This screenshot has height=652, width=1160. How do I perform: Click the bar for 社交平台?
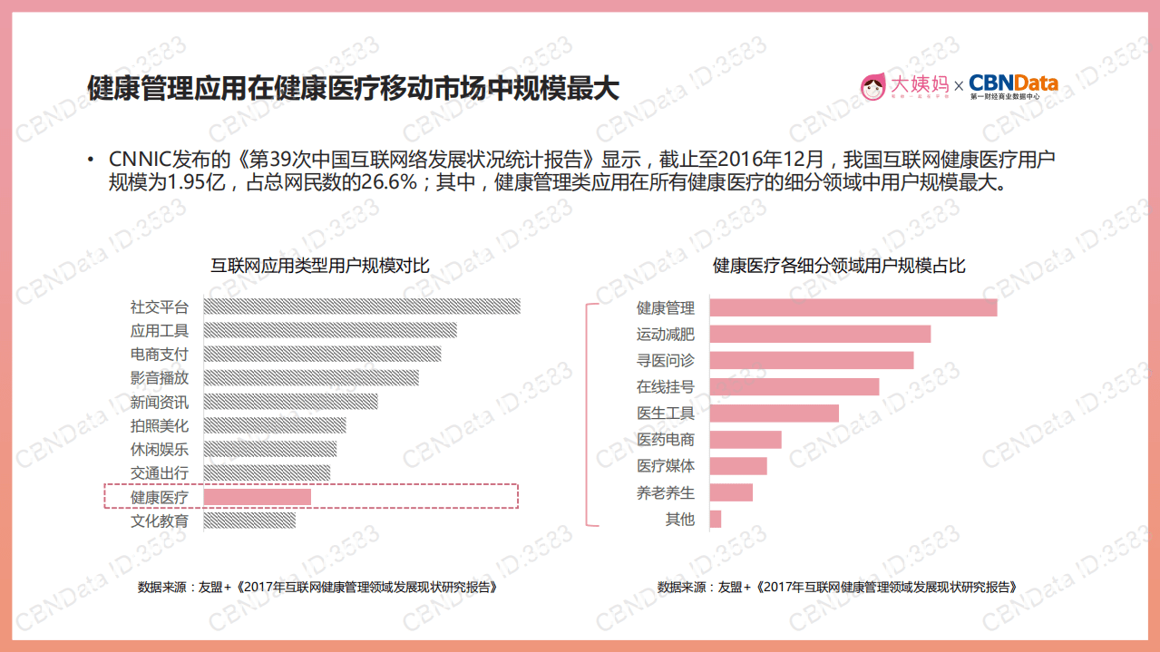tap(362, 307)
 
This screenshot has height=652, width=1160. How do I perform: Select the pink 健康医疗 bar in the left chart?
tap(258, 497)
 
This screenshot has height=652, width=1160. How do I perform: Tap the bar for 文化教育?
tap(249, 521)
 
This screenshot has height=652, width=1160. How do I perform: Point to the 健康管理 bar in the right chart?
tap(853, 308)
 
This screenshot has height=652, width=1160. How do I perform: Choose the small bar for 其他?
tap(716, 519)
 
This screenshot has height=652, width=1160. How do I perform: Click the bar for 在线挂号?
tap(794, 387)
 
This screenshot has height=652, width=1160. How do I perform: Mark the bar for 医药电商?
tap(745, 440)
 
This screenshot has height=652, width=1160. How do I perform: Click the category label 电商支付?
tap(160, 355)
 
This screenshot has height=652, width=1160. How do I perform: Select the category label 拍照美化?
tap(160, 425)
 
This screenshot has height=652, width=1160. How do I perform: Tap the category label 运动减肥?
tap(666, 335)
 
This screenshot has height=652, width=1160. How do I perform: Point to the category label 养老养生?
tap(666, 492)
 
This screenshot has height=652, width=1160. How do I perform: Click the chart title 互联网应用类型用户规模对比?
tap(320, 266)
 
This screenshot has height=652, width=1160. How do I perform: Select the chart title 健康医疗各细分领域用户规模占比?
tap(839, 266)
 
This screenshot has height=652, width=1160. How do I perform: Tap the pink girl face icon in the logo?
tap(872, 86)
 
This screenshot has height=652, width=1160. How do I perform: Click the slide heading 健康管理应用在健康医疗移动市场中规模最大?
tap(353, 88)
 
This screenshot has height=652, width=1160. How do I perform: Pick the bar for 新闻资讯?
tap(290, 402)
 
